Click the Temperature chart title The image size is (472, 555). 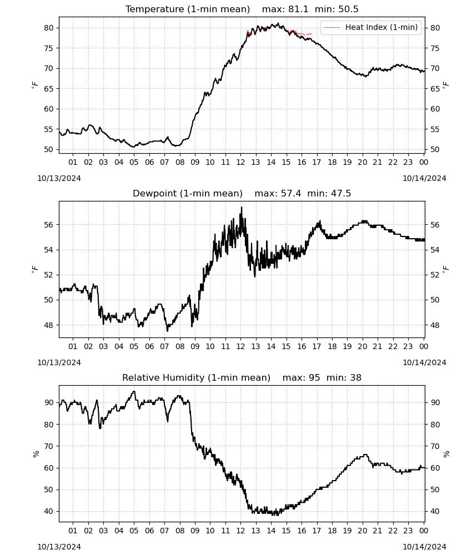188,9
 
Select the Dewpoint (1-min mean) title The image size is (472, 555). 188,193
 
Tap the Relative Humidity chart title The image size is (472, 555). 196,377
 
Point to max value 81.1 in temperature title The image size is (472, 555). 298,9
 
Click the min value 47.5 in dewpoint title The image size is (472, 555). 341,193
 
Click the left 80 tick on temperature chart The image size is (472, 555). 49,28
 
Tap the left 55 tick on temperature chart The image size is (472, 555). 49,129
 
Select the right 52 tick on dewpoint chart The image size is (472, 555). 435,275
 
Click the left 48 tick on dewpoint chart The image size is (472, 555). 49,325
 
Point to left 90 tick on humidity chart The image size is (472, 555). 49,403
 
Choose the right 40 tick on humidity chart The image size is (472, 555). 435,512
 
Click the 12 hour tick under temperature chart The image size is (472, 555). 241,163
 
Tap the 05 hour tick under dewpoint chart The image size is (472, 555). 134,346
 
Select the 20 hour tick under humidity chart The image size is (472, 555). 363,531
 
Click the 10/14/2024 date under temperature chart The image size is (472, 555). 425,178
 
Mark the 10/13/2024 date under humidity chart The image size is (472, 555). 59,547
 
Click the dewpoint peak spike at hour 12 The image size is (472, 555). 242,208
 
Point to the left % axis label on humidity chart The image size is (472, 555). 36,454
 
